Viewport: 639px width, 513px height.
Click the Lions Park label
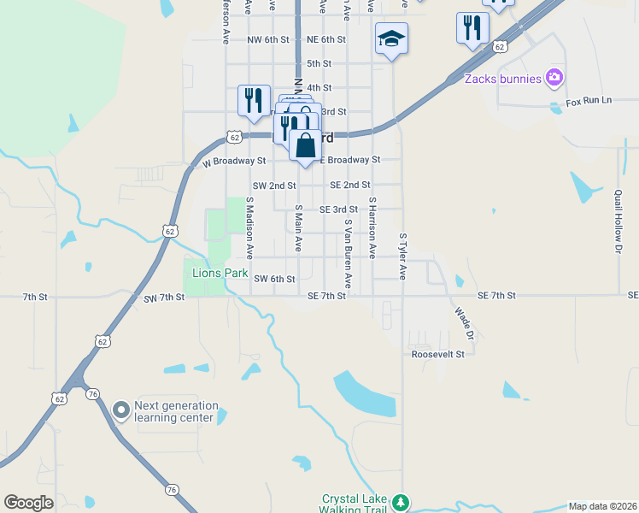click(x=220, y=274)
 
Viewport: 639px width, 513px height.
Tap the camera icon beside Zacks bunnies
click(x=555, y=79)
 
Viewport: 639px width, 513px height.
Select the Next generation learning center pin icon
click(x=121, y=411)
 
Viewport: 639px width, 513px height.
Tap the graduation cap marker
click(x=391, y=38)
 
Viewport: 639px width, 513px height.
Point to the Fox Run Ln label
click(x=589, y=101)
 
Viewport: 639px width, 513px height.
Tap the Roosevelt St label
click(x=437, y=354)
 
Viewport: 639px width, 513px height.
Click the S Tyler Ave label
click(x=402, y=256)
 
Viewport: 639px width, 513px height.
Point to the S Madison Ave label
click(x=250, y=228)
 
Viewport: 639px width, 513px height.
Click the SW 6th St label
click(x=274, y=279)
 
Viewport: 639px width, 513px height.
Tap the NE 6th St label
click(x=325, y=39)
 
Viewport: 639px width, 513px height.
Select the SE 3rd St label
click(x=338, y=209)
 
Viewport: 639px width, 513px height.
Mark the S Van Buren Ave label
click(x=348, y=253)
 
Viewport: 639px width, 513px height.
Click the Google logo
click(x=29, y=503)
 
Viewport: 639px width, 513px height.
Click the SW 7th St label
click(x=165, y=297)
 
